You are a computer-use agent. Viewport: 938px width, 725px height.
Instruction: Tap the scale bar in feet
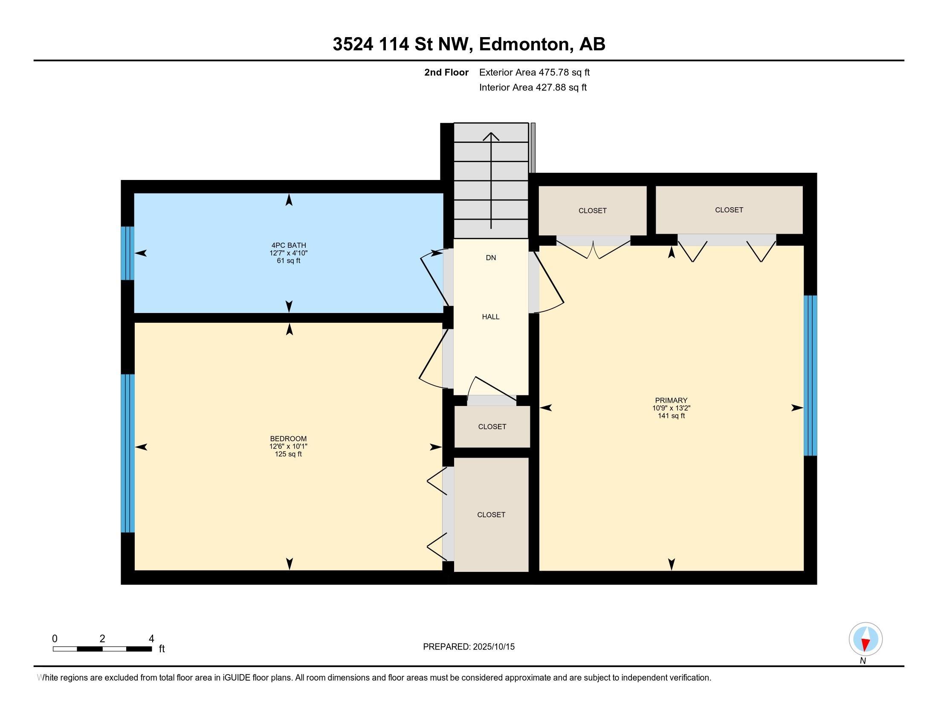(x=102, y=649)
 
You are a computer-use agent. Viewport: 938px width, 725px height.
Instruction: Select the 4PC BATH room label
(x=288, y=246)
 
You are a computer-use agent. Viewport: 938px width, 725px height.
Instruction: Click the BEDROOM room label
(x=288, y=438)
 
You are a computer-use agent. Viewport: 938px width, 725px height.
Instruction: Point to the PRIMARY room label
(x=671, y=400)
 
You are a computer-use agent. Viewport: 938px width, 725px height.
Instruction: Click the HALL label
(x=490, y=317)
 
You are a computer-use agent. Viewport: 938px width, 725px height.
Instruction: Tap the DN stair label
(x=491, y=258)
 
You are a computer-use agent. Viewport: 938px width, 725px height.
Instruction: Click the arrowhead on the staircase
(x=491, y=136)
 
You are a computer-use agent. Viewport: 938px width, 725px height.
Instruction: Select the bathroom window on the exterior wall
(x=127, y=253)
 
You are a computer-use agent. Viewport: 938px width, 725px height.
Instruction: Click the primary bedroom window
(x=811, y=375)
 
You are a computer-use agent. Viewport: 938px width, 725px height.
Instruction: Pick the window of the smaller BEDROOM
(x=127, y=454)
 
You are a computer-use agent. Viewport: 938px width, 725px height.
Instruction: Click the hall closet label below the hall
(x=492, y=426)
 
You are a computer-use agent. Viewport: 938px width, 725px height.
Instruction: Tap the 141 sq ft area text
(x=671, y=416)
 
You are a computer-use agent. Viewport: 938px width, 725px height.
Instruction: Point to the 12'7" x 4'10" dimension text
(x=288, y=253)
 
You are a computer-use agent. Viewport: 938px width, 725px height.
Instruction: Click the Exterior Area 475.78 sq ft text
(x=534, y=72)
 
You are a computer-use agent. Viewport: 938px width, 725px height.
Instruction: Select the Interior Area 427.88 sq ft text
(x=533, y=87)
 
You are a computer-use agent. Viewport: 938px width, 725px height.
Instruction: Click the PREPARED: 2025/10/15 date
(x=469, y=647)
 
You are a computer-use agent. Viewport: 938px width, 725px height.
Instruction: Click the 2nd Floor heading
(x=446, y=72)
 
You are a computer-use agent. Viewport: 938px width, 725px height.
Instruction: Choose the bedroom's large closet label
(x=491, y=515)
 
